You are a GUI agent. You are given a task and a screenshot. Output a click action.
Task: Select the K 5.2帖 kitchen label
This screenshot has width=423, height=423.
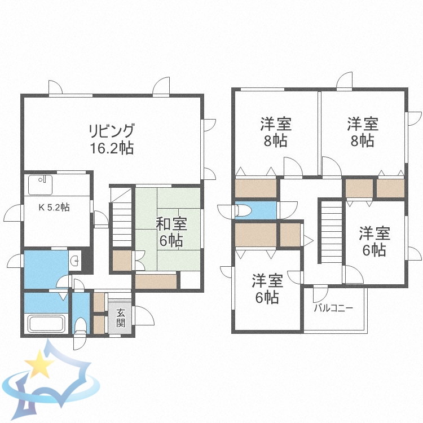click(x=54, y=207)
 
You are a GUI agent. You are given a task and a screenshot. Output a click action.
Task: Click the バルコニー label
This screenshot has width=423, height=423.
click(x=333, y=309)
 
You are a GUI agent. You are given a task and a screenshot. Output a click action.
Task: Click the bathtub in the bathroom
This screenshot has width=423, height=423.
click(x=47, y=325)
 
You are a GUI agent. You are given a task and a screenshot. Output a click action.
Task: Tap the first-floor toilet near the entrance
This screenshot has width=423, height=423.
click(x=81, y=325)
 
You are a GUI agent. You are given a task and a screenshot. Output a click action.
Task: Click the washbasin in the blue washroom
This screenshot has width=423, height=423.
click(x=76, y=261)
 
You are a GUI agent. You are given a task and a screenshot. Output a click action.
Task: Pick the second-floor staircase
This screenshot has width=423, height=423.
click(x=332, y=231)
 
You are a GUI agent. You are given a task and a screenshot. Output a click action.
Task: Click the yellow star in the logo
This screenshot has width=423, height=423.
click(x=39, y=364)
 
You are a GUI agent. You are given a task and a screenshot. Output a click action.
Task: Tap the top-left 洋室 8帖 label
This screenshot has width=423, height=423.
click(x=275, y=131)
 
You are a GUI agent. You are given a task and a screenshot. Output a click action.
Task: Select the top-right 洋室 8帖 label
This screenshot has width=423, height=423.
click(x=362, y=131)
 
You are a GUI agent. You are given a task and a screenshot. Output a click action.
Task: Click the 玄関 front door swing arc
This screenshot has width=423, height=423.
click(x=143, y=315)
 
